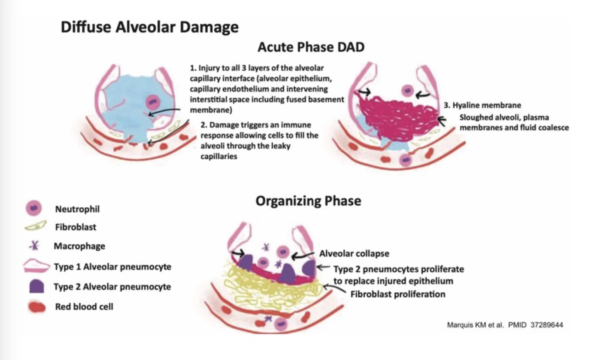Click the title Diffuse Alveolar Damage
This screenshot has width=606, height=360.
pos(150,27)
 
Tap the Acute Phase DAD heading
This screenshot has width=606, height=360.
pos(311,47)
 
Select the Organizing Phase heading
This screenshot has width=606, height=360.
pos(308,201)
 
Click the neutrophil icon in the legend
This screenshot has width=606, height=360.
pos(34,208)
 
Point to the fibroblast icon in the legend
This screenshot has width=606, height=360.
pos(35,225)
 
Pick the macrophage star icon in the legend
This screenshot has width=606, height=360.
pos(35,245)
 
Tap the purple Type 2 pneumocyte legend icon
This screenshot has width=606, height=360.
pos(36,286)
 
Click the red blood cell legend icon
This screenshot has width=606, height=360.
pos(37,307)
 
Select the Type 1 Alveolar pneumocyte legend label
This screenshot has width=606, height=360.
pos(112,266)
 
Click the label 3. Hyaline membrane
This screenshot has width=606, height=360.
pos(482,105)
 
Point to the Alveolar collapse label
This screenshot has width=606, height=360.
pos(354,254)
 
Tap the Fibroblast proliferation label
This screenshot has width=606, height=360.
pos(398,294)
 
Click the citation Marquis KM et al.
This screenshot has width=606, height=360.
pos(475,325)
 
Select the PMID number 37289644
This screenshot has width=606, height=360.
pos(547,325)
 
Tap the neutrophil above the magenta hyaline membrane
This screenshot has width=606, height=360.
pos(408,90)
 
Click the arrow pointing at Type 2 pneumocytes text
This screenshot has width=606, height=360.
pos(323,267)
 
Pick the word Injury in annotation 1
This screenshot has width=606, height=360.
pos(208,68)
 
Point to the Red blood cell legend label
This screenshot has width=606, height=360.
pos(84,307)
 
